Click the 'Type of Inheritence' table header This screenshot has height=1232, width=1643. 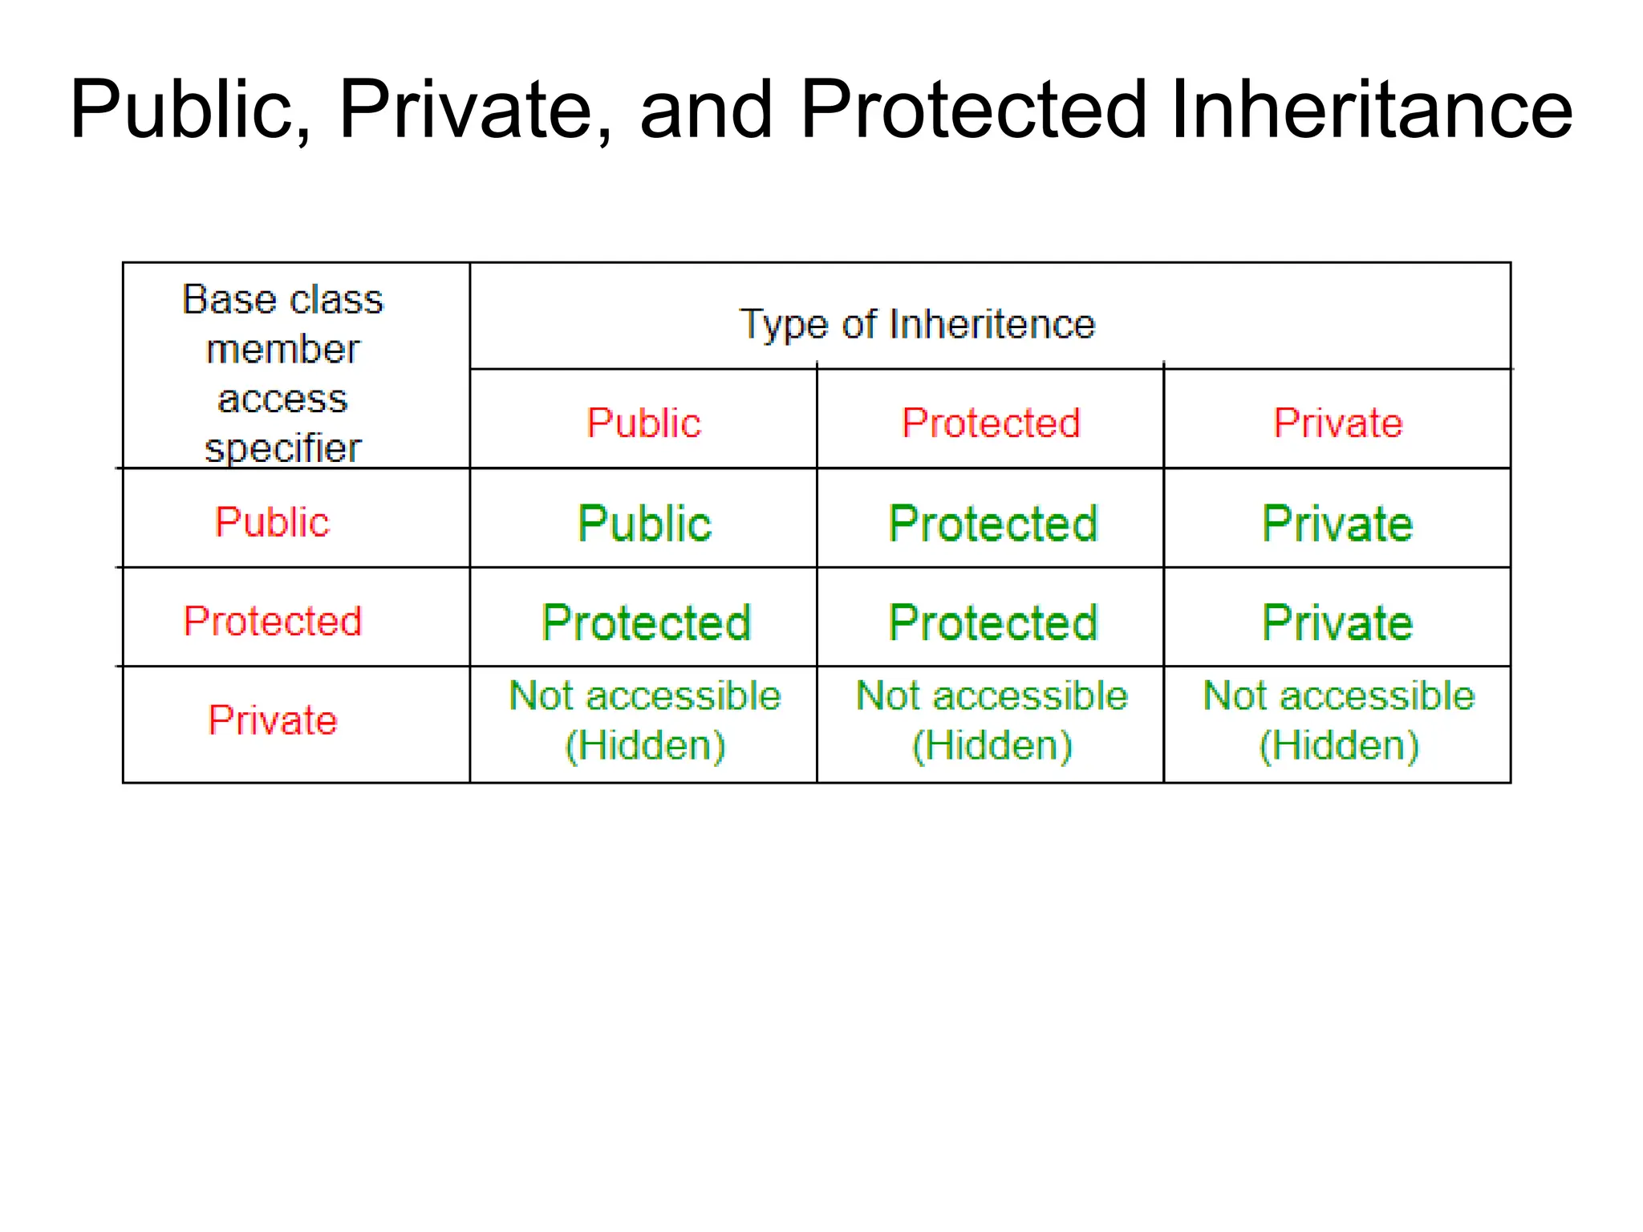[x=917, y=324]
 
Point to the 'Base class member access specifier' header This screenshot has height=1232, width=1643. [x=283, y=373]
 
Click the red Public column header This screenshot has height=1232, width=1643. [x=643, y=423]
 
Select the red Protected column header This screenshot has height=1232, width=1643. [x=991, y=423]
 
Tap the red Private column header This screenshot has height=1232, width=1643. [x=1338, y=423]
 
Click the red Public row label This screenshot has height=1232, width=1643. [x=272, y=522]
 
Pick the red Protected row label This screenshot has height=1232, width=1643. [x=273, y=621]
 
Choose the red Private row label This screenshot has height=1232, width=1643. [x=273, y=719]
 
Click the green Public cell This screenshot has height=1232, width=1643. [x=644, y=524]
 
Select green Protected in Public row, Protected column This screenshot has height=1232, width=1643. [x=992, y=524]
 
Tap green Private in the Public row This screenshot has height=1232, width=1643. [x=1337, y=524]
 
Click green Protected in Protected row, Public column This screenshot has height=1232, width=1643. [x=646, y=622]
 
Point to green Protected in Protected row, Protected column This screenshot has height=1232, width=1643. [x=992, y=622]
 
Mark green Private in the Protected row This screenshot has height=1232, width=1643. [x=1337, y=622]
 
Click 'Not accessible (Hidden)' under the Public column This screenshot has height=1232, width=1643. [x=645, y=720]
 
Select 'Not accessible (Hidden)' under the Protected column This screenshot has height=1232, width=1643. [x=992, y=720]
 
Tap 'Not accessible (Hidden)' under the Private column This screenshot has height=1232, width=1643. [x=1338, y=720]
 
